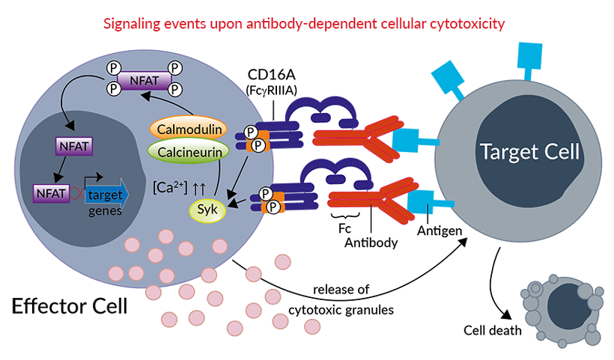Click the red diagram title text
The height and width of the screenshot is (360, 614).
[308, 23]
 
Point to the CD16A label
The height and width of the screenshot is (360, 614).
[272, 74]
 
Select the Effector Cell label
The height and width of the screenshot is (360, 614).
[68, 306]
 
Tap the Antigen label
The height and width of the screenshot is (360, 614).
[440, 233]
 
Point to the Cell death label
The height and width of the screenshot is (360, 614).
[493, 330]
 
